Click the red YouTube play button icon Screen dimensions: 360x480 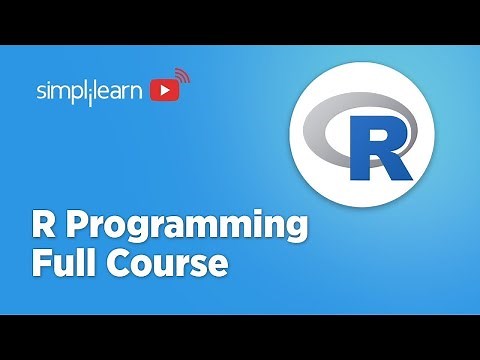(x=162, y=92)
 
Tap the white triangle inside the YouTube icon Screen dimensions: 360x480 (x=162, y=92)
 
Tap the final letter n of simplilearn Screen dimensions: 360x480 (x=140, y=92)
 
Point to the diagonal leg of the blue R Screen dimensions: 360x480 (x=397, y=165)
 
